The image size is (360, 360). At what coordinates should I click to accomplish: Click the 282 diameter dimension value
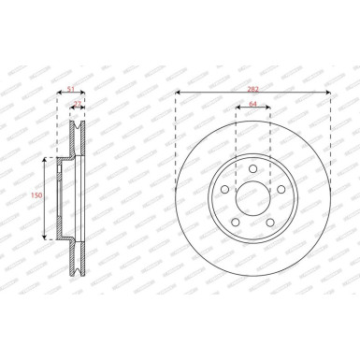click(x=252, y=88)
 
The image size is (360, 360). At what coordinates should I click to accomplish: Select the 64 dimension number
click(x=252, y=104)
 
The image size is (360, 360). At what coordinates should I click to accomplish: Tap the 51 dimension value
click(x=72, y=88)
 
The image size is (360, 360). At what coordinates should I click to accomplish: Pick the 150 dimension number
click(x=36, y=195)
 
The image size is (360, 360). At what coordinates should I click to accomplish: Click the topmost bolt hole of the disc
click(x=253, y=166)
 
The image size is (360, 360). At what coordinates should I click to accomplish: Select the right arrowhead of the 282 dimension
click(x=330, y=94)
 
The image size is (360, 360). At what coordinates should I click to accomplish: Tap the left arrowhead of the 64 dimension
click(x=237, y=109)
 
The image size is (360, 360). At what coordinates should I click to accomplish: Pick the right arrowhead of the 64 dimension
click(x=270, y=109)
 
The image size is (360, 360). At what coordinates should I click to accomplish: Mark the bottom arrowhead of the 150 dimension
click(x=44, y=238)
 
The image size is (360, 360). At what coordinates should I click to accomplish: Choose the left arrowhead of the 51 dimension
click(x=59, y=94)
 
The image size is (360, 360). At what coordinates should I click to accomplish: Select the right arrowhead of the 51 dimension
click(x=86, y=94)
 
